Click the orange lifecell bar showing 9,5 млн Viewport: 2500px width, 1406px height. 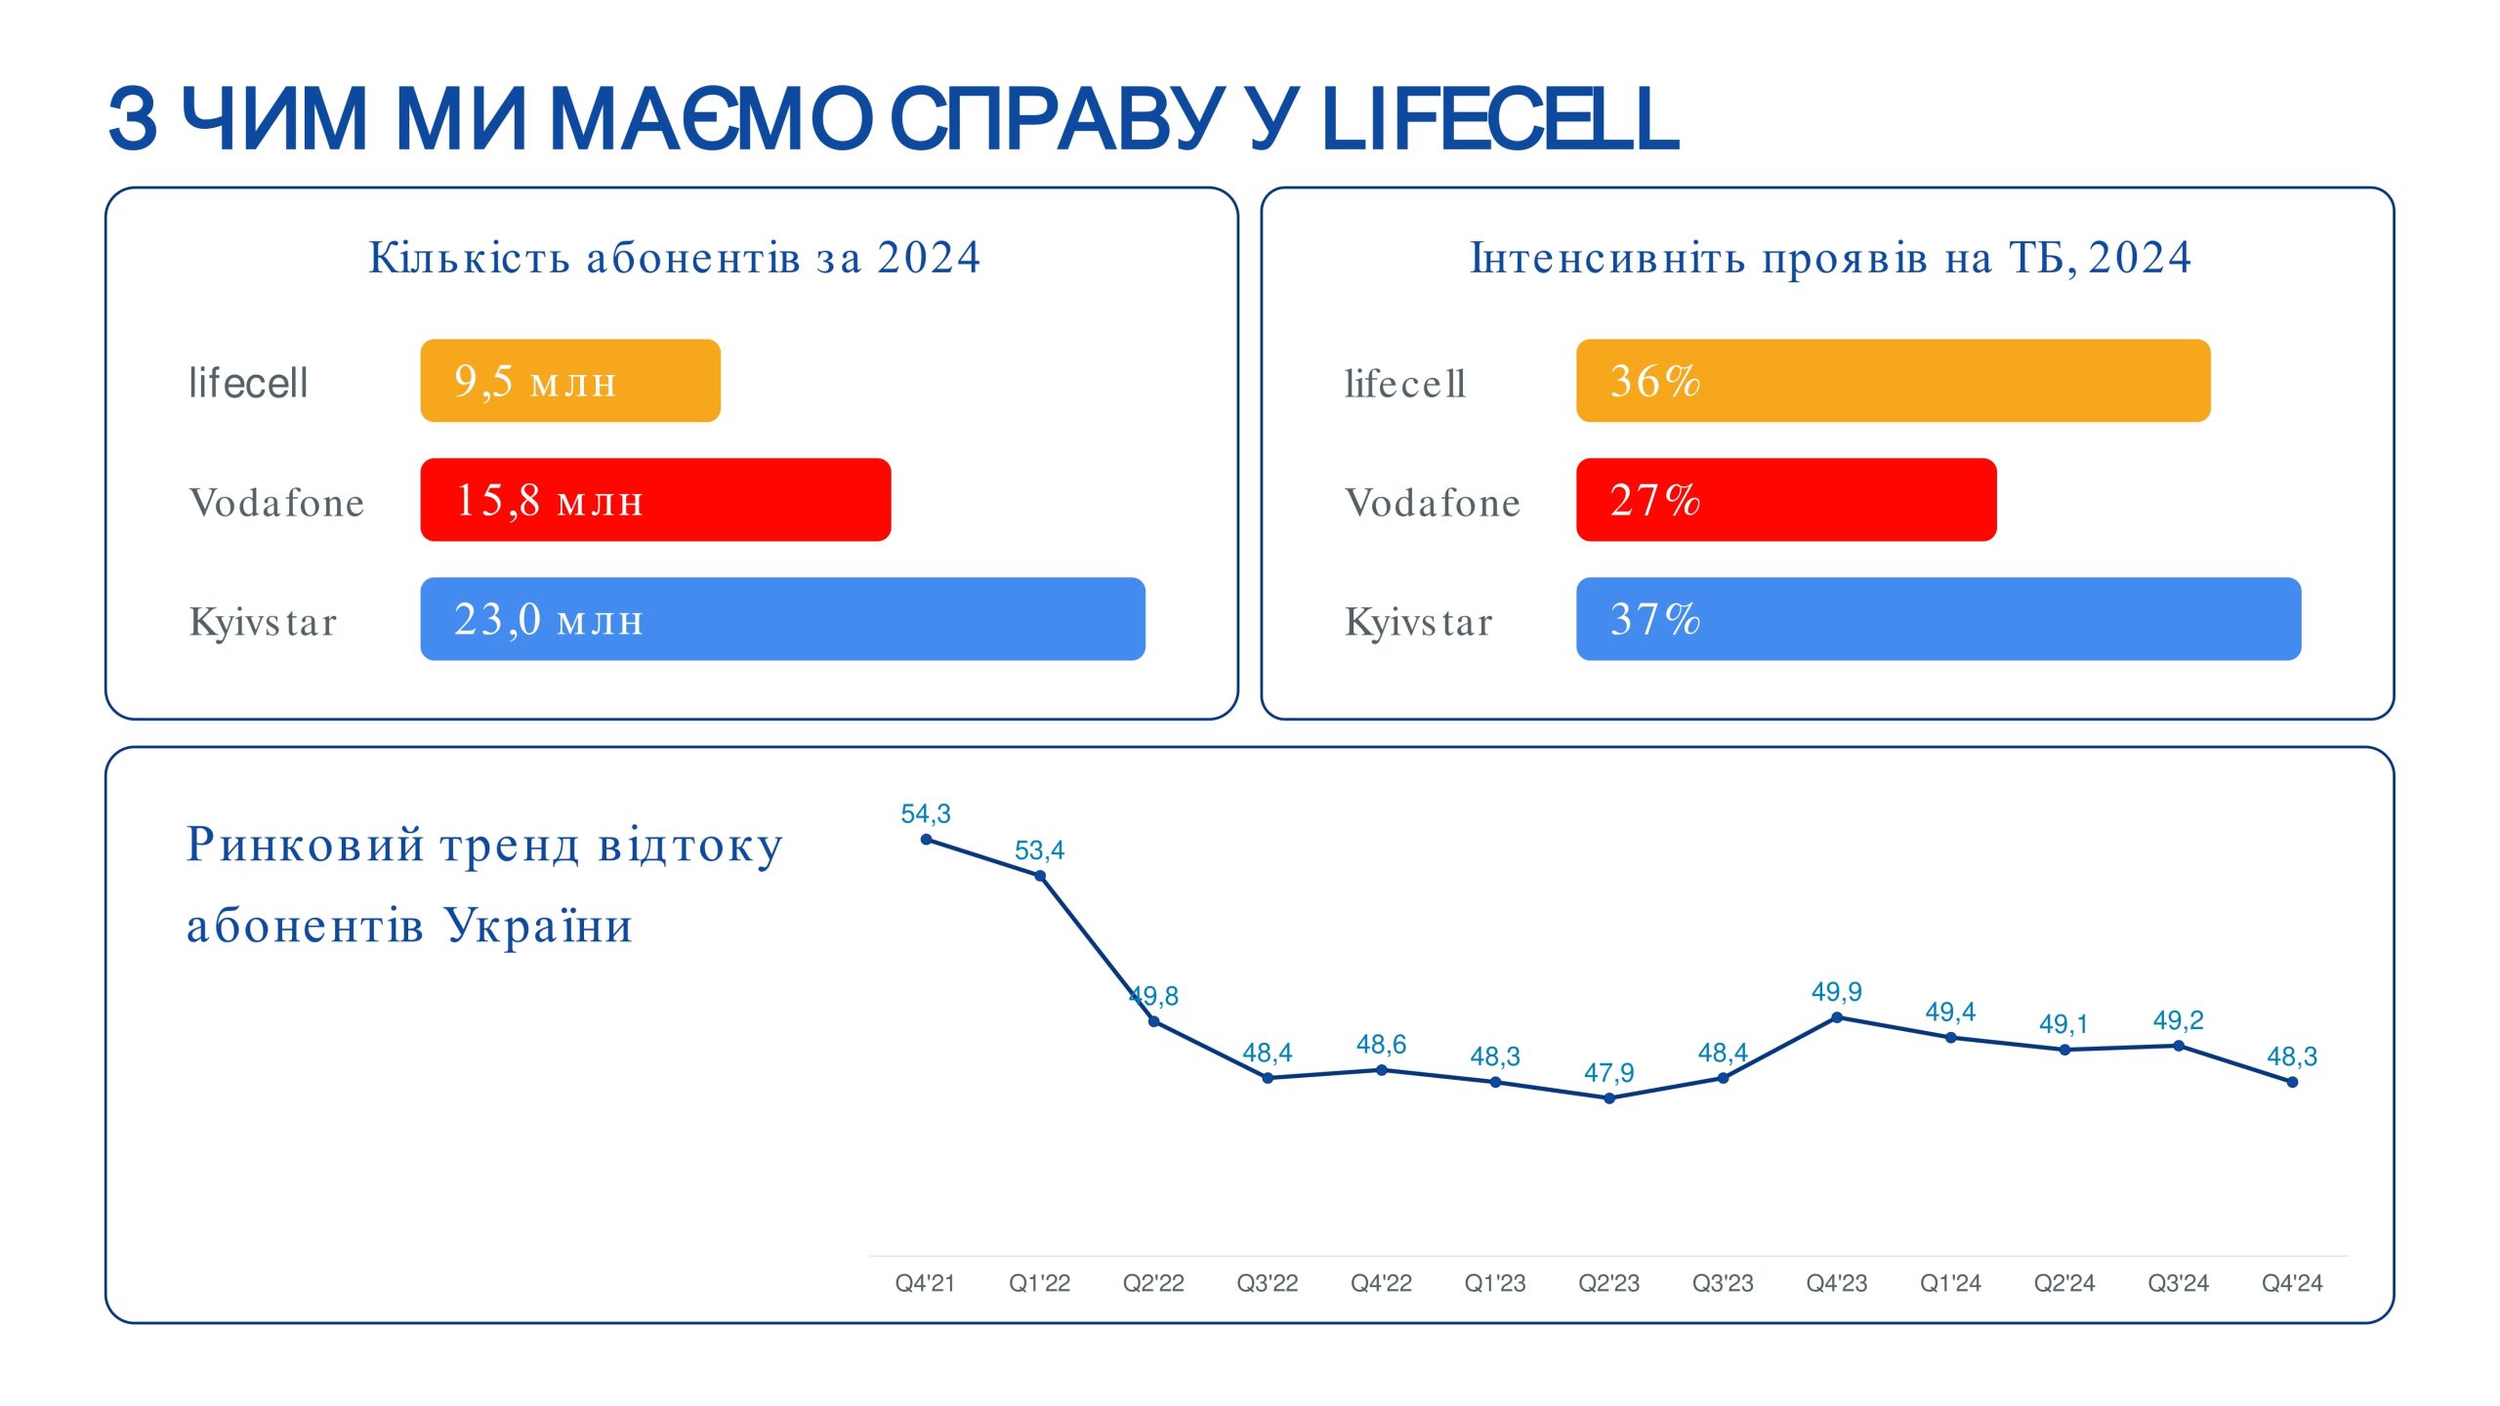570,381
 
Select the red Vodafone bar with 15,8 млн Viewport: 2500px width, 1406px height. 655,500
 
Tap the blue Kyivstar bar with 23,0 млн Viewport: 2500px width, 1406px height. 782,619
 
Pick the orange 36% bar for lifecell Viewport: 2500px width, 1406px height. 1893,381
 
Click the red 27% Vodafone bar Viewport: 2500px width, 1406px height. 1786,500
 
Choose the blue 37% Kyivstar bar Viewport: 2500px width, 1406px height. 1938,619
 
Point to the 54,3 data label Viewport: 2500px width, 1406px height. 925,813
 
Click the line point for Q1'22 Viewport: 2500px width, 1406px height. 1040,876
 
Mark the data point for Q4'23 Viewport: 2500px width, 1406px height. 1837,1017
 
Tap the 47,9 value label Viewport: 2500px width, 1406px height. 1608,1073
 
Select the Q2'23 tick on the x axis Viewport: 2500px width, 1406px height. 1608,1283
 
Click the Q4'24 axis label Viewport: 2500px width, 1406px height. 2292,1283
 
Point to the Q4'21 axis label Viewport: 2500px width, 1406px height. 925,1283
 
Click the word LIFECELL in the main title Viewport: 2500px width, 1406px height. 1499,119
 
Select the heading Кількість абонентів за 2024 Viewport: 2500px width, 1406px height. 674,258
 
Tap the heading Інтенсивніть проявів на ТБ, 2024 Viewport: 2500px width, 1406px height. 1831,258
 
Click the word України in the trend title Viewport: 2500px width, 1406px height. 538,925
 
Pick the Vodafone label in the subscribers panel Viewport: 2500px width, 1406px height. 276,503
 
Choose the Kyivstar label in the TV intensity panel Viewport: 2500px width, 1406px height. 1419,622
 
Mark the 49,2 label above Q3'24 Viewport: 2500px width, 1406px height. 2178,1020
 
